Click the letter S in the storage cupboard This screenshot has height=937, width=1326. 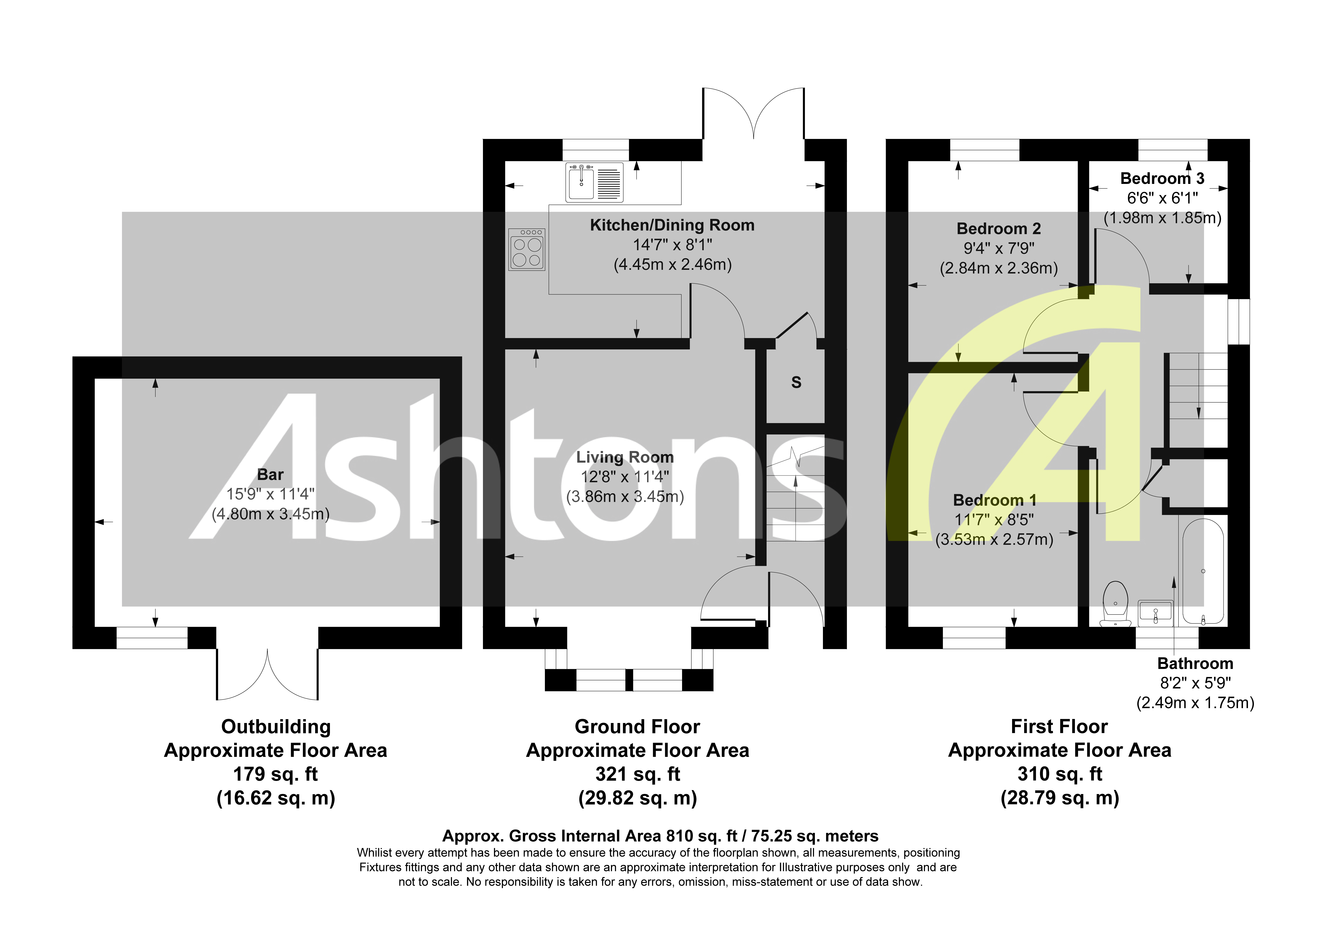click(796, 382)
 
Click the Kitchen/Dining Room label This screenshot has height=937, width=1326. click(672, 225)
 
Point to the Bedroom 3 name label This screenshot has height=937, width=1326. click(1162, 178)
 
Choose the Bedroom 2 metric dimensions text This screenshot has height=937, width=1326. click(999, 268)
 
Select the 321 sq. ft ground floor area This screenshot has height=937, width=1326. click(638, 774)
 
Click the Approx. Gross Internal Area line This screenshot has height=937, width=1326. click(660, 836)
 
